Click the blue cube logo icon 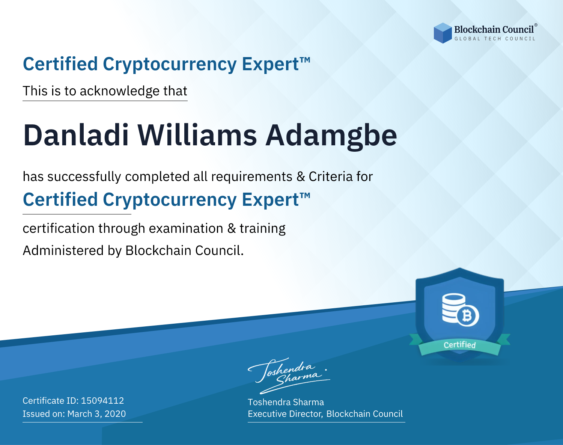click(443, 33)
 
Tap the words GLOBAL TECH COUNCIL click(495, 39)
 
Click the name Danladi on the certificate click(76, 136)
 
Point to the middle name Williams click(197, 136)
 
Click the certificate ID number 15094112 click(102, 400)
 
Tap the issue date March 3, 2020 click(96, 414)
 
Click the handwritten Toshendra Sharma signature click(289, 376)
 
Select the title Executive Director click(285, 414)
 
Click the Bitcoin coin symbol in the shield click(468, 316)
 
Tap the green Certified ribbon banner click(460, 345)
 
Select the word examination click(186, 228)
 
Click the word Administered click(63, 250)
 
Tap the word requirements click(252, 177)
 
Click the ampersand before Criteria click(301, 177)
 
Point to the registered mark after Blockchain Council click(536, 25)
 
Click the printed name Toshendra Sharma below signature click(286, 402)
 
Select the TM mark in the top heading click(305, 60)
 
